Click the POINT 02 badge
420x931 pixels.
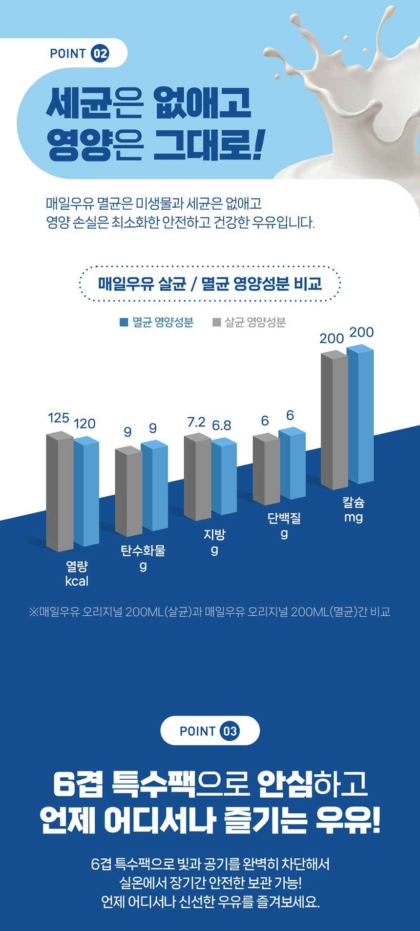pyautogui.click(x=79, y=54)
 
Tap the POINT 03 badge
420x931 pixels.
pyautogui.click(x=210, y=731)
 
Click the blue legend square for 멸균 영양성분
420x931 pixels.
pyautogui.click(x=124, y=322)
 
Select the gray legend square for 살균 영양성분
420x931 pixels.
pyautogui.click(x=217, y=322)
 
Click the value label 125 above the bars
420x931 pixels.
pyautogui.click(x=58, y=418)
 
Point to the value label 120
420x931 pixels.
pyautogui.click(x=84, y=424)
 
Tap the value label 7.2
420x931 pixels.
pyautogui.click(x=196, y=422)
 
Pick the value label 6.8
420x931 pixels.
pyautogui.click(x=221, y=425)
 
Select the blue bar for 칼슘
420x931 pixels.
pyautogui.click(x=360, y=415)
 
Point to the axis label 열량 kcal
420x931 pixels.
pyautogui.click(x=77, y=573)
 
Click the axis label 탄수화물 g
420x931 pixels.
pyautogui.click(x=143, y=558)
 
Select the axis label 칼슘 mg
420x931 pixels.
pyautogui.click(x=354, y=509)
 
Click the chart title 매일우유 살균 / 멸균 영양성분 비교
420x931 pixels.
pyautogui.click(x=210, y=283)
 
